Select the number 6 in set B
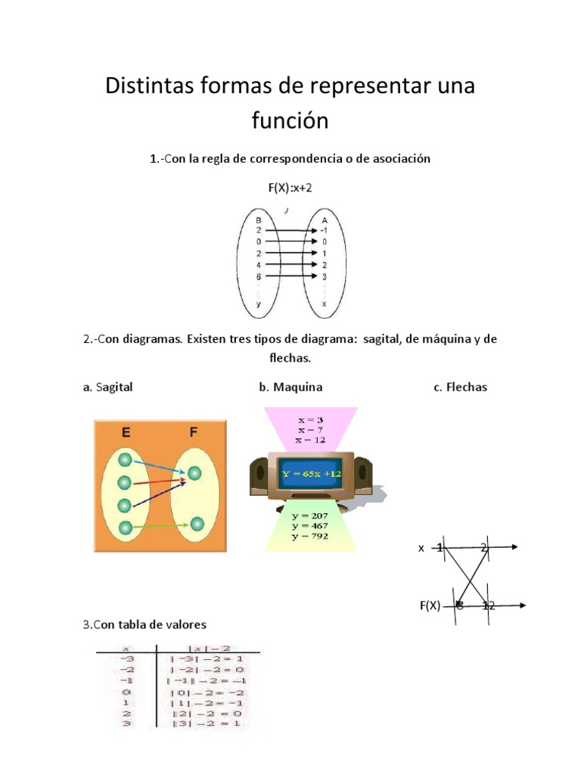coord(259,277)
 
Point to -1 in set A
coord(323,230)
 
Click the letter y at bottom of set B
coord(259,303)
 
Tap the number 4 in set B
coord(259,265)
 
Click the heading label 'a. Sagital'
coord(108,387)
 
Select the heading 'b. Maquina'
coord(290,387)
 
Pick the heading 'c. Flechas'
coord(460,387)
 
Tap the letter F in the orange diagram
coord(194,434)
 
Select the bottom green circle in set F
coord(197,524)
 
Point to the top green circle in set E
coord(126,460)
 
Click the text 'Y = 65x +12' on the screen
coord(312,475)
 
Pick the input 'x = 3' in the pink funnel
coord(311,419)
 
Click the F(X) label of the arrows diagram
coord(430,605)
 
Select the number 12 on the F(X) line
coord(489,605)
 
